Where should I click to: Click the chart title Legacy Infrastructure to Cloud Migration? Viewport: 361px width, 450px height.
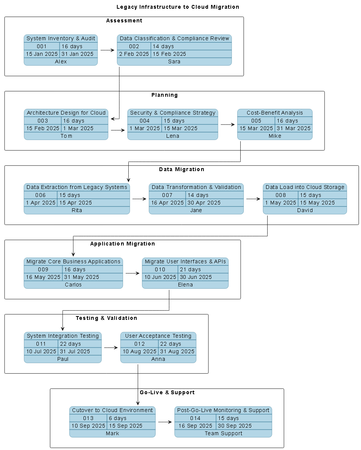tap(178, 7)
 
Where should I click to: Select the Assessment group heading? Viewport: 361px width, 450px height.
tap(124, 20)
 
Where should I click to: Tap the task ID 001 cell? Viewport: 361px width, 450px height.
tap(41, 46)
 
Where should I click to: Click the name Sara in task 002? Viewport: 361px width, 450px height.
tap(174, 61)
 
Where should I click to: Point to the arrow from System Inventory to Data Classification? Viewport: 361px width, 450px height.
tap(107, 50)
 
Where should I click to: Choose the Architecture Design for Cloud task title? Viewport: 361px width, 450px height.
tap(66, 113)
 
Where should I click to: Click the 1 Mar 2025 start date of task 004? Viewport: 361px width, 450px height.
tap(145, 128)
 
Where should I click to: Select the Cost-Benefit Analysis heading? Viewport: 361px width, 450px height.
tap(275, 113)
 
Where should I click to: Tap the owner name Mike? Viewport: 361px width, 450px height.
tap(275, 136)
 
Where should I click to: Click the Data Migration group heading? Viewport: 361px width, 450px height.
tap(181, 169)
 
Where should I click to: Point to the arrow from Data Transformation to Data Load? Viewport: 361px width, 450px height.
tap(253, 198)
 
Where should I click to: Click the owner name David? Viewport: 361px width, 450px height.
tap(305, 210)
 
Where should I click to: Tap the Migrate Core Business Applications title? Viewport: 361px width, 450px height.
tap(73, 261)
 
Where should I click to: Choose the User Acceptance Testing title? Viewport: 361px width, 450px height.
tap(158, 336)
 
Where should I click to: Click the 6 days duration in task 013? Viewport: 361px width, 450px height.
tap(118, 418)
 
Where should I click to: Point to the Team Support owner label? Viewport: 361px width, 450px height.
tap(223, 433)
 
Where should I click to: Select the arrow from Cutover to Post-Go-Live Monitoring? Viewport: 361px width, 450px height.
tap(165, 422)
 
